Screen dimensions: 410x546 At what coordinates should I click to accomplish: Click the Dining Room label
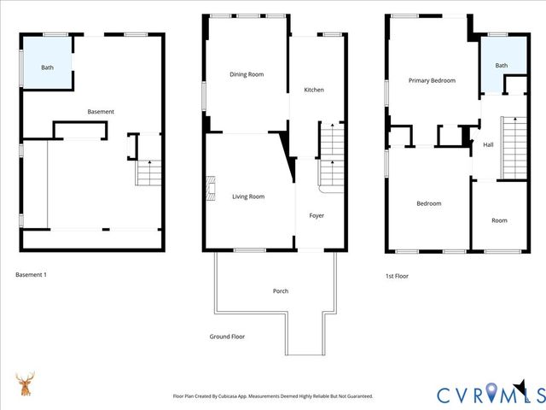coord(247,74)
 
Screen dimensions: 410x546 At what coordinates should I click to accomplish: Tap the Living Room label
coord(248,196)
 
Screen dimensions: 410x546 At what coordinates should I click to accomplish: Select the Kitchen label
coord(314,90)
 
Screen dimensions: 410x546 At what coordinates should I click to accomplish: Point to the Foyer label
coord(317,215)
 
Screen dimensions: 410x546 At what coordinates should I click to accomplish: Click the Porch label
coord(281,291)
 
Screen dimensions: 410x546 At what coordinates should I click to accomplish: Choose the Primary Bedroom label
coord(432,80)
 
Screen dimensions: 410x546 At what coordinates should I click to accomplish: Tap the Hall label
coord(488,145)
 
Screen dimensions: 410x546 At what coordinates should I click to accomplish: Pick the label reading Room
coord(499,220)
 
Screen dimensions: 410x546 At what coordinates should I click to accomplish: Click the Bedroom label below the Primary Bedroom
coord(428,203)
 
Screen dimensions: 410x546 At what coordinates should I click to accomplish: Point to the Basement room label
coord(101,112)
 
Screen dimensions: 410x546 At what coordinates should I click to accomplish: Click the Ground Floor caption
coord(227,337)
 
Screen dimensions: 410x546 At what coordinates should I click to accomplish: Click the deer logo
coord(26,384)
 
